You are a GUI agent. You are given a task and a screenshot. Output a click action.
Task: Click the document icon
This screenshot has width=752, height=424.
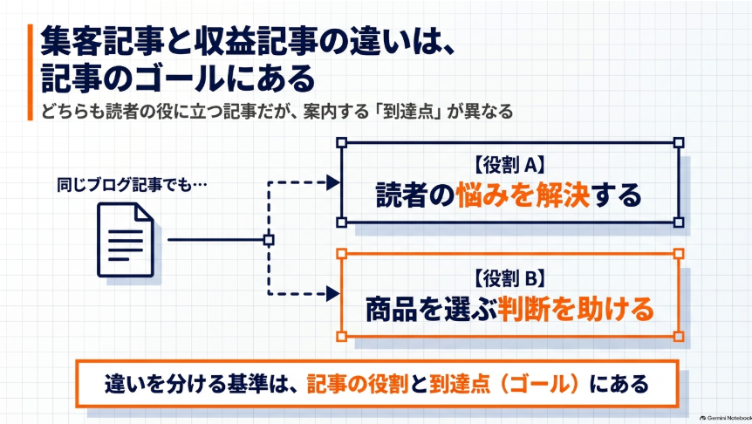126,240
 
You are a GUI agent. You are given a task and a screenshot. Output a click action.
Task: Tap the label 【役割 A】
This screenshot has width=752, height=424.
509,165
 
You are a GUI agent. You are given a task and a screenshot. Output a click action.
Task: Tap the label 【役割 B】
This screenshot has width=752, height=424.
509,278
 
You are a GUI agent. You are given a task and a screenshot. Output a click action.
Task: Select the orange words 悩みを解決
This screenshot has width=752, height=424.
523,195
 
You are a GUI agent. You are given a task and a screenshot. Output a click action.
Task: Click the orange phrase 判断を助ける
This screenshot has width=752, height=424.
576,309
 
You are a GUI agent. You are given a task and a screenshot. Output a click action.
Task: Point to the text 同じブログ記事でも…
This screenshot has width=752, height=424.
132,185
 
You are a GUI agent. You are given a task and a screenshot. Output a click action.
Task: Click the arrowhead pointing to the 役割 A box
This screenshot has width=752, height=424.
333,182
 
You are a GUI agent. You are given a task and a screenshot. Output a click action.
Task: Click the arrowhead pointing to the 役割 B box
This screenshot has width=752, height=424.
333,293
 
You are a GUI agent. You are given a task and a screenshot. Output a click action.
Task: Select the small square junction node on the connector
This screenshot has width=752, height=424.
269,240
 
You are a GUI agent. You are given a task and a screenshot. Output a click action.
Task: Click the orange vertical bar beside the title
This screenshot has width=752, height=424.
31,72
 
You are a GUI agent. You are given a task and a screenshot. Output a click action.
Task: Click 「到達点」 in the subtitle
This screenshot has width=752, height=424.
408,112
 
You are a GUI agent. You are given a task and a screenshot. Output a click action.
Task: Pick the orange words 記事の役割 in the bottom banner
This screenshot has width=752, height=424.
358,384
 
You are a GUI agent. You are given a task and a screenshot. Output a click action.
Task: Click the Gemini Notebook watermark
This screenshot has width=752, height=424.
726,418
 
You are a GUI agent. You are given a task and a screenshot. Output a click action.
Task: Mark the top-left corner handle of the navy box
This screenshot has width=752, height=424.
341,142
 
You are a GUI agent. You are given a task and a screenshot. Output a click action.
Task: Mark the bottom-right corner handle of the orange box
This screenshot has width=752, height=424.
679,336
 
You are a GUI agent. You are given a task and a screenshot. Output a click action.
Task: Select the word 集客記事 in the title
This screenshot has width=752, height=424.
102,41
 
